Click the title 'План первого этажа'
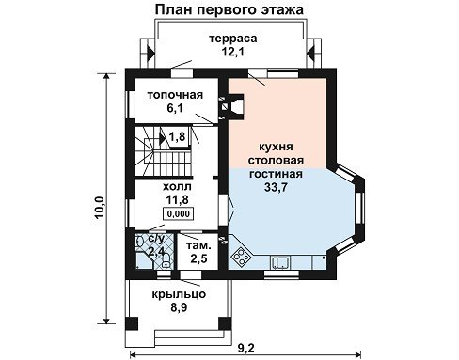pyautogui.click(x=229, y=9)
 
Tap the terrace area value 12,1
pyautogui.click(x=233, y=52)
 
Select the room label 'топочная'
pyautogui.click(x=176, y=95)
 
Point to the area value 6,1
pyautogui.click(x=175, y=108)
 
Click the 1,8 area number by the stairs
pyautogui.click(x=178, y=136)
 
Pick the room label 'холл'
pyautogui.click(x=177, y=186)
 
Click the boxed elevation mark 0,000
pyautogui.click(x=179, y=213)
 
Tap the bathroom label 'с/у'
pyautogui.click(x=156, y=239)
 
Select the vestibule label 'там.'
pyautogui.click(x=198, y=245)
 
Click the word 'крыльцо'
pyautogui.click(x=179, y=294)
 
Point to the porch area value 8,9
pyautogui.click(x=179, y=307)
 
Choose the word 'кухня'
pyautogui.click(x=276, y=147)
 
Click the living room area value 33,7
pyautogui.click(x=276, y=187)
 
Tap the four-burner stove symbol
pyautogui.click(x=241, y=257)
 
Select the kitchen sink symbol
pyautogui.click(x=281, y=262)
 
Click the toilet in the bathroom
pyautogui.click(x=166, y=260)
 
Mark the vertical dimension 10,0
pyautogui.click(x=100, y=208)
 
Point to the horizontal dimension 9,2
pyautogui.click(x=246, y=348)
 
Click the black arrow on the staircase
pyautogui.click(x=163, y=138)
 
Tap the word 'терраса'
pyautogui.click(x=233, y=39)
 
